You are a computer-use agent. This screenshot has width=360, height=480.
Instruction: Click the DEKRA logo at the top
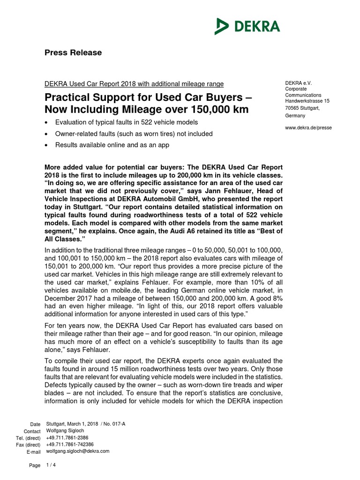tap(247, 26)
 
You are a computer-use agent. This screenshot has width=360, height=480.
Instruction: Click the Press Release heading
tap(73, 52)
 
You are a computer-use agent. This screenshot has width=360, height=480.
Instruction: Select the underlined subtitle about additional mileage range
tap(134, 84)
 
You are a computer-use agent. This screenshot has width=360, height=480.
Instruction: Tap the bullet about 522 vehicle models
tap(127, 122)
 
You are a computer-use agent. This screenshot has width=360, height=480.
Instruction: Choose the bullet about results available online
tap(112, 145)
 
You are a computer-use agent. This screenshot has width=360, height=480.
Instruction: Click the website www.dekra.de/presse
tap(308, 127)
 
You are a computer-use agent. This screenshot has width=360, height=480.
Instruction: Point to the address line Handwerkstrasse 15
tap(307, 101)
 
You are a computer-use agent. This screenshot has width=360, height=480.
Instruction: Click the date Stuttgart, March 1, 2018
tap(73, 423)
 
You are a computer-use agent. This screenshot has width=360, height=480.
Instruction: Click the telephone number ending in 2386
tap(67, 437)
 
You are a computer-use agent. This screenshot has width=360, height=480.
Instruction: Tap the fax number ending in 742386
tap(70, 444)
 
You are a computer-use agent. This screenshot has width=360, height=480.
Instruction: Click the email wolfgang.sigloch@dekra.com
tap(78, 451)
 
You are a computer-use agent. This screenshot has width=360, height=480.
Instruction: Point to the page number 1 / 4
tap(50, 465)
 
